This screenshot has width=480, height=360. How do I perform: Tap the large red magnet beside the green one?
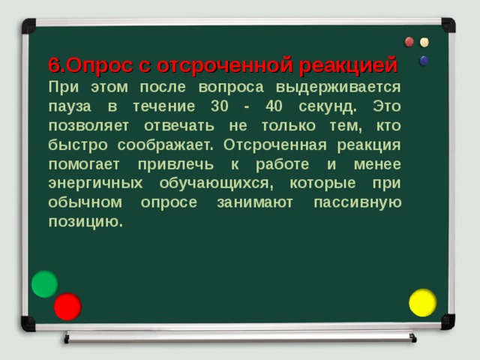67,306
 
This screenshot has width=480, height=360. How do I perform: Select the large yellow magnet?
422,302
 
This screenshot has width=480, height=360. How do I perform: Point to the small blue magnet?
424,61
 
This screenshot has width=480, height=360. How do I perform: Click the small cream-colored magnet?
424,42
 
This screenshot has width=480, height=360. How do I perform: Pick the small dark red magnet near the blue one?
409,42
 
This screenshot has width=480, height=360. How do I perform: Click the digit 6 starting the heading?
53,66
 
